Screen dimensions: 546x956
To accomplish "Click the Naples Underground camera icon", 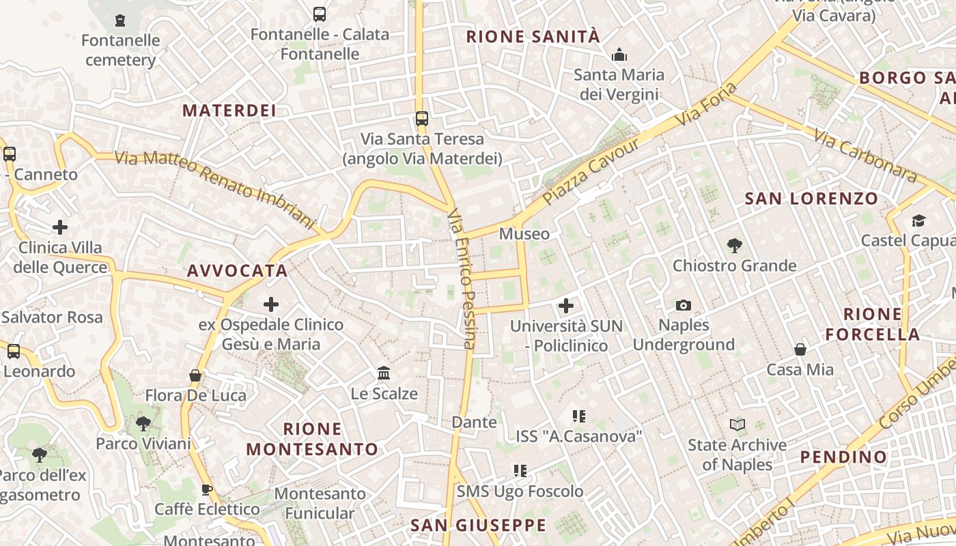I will click(x=684, y=305).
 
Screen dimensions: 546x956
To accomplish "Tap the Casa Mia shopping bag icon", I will click(x=800, y=349).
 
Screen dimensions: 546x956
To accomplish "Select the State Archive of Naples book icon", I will click(x=737, y=425).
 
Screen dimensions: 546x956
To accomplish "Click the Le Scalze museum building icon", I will click(x=384, y=373).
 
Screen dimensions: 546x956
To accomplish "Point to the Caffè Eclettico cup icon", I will click(x=207, y=489).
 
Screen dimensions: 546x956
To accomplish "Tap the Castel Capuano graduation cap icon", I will click(x=918, y=220).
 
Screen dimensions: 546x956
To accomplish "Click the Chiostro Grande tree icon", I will click(x=735, y=245).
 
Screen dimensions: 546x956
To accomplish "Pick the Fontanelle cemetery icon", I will click(x=121, y=20).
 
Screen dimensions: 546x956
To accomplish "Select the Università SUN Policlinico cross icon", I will click(x=566, y=306).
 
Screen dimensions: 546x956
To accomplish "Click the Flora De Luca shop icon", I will click(x=195, y=375).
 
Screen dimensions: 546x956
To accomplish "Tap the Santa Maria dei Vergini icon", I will click(x=619, y=54).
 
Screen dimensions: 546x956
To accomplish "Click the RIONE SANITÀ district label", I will click(x=533, y=37).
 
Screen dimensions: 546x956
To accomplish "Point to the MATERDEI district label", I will click(x=229, y=111).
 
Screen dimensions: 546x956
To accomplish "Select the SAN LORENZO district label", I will click(x=811, y=199).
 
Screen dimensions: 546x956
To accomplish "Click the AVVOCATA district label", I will click(x=238, y=271).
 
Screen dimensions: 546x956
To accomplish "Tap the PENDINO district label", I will click(x=843, y=457).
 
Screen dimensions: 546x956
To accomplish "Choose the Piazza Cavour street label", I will click(x=592, y=170).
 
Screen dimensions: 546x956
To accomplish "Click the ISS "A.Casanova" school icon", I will click(x=579, y=416).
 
